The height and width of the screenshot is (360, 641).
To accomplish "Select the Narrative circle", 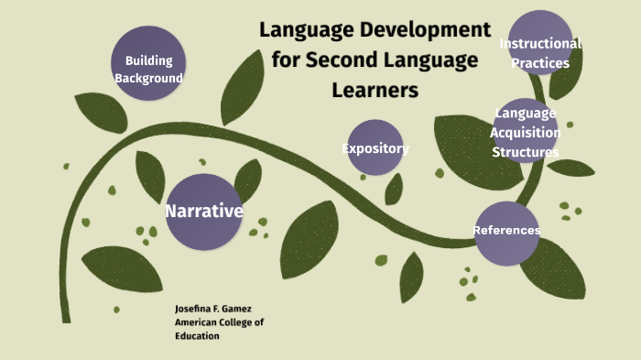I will [203, 212].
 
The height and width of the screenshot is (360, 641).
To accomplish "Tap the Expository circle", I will [375, 147].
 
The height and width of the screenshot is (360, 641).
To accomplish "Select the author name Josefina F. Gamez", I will [211, 310].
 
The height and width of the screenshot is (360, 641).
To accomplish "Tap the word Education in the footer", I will [198, 336].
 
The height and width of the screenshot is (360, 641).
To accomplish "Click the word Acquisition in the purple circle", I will [526, 132].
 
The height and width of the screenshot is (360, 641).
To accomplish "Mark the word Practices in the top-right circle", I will [541, 63].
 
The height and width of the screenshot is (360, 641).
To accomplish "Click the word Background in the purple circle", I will [148, 78].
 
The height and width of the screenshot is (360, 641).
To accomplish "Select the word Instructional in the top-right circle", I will [540, 44].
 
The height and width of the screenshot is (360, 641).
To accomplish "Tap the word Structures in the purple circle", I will [526, 152].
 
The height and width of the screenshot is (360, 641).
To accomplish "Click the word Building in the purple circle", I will [149, 60].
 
